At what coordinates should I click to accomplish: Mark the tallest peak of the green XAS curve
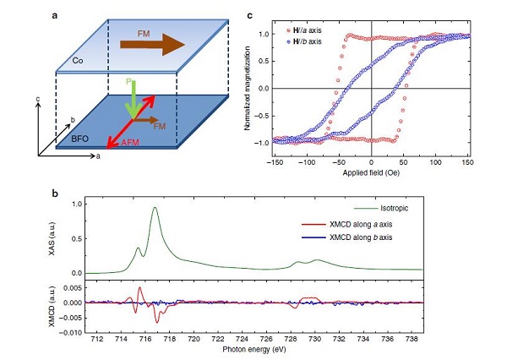[x=155, y=208]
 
